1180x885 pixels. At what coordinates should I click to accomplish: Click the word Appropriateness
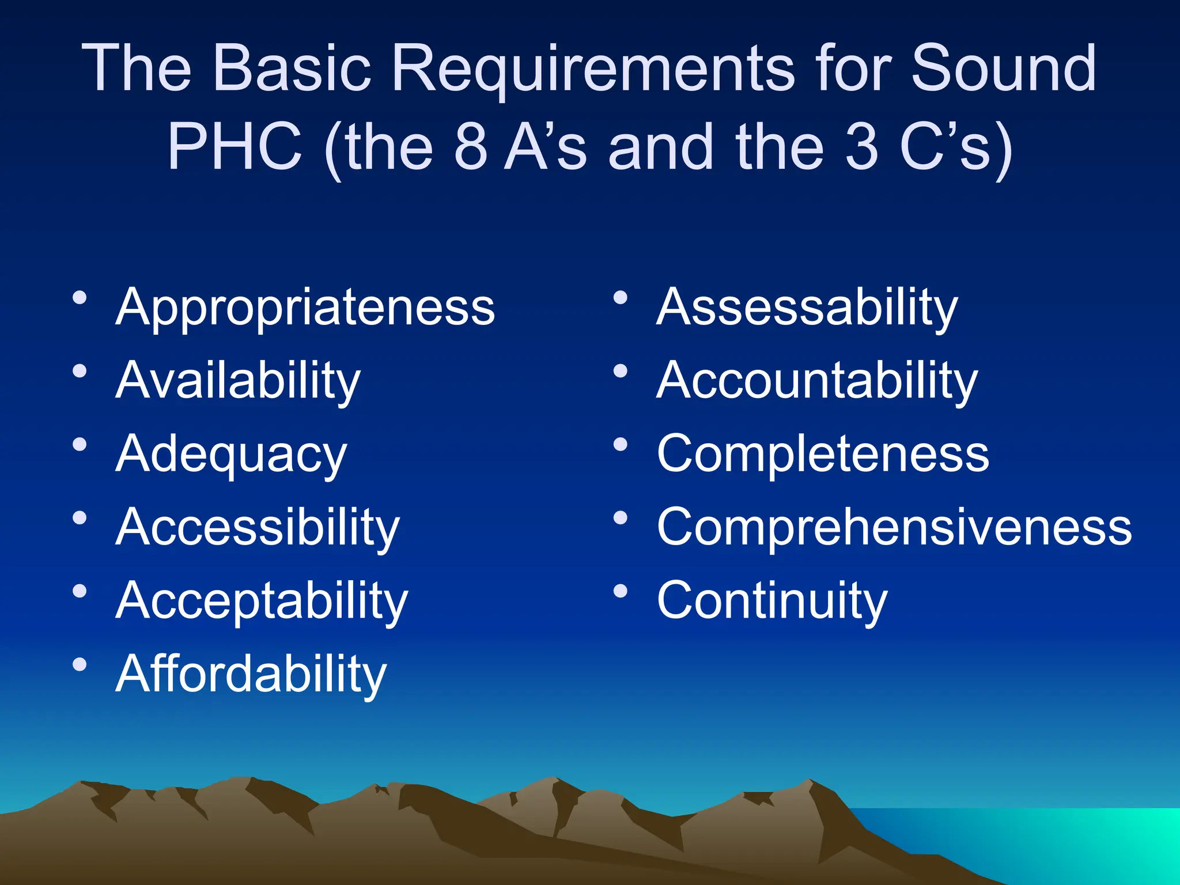tap(305, 308)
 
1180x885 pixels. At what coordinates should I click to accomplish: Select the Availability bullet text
tap(238, 381)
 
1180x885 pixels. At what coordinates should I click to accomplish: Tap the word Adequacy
tap(231, 455)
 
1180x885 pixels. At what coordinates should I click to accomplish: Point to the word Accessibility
tap(257, 528)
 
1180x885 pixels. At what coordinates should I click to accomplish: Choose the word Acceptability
tap(262, 601)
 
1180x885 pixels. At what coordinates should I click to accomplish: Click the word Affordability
tap(251, 674)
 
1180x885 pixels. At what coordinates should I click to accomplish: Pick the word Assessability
tap(807, 308)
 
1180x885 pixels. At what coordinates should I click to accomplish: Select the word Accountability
tap(817, 381)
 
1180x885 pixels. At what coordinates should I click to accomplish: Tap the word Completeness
tap(823, 454)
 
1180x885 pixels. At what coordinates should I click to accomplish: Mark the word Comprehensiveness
tap(894, 527)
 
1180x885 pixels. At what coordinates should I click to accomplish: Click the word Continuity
tap(772, 601)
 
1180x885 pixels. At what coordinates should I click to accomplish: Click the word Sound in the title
tap(1003, 69)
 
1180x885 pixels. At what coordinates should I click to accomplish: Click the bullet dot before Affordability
tap(80, 665)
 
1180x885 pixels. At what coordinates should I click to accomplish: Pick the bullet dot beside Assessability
tap(621, 298)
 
